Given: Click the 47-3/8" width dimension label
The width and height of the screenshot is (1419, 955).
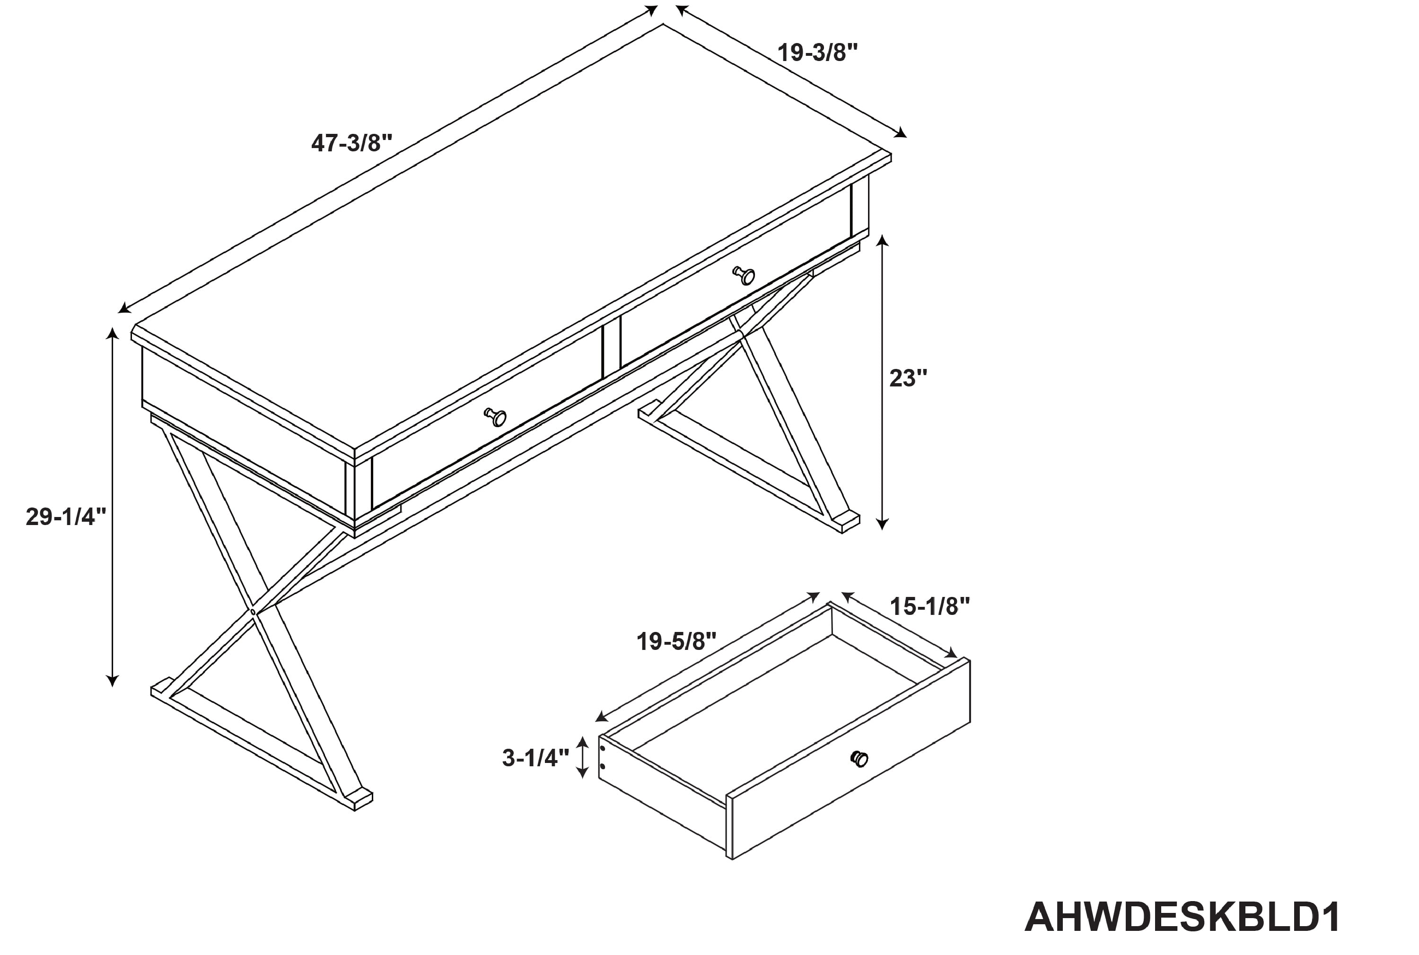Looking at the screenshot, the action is click(x=351, y=143).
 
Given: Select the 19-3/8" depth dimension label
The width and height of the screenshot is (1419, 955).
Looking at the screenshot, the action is click(x=817, y=53).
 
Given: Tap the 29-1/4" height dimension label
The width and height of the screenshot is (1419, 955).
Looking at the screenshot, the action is click(x=66, y=517).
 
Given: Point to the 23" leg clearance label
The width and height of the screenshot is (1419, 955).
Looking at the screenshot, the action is click(x=908, y=378).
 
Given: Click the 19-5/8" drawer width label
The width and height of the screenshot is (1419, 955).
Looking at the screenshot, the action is click(x=676, y=641).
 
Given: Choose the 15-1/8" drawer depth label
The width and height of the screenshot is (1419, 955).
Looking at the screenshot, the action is click(x=930, y=606).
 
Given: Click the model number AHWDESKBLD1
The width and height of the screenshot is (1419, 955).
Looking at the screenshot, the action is click(x=1182, y=917).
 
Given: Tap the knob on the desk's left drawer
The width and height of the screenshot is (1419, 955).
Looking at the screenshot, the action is click(x=496, y=417).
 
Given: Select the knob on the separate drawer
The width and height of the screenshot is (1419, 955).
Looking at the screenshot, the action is click(x=859, y=759).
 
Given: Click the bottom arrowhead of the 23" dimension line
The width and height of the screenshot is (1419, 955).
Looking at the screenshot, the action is click(x=882, y=523).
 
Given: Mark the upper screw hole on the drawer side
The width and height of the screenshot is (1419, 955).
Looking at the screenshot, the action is click(x=602, y=747).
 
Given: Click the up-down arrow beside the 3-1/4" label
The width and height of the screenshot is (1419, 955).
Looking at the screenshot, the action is click(x=582, y=757).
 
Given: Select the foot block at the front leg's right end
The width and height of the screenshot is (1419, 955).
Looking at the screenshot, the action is click(x=358, y=799).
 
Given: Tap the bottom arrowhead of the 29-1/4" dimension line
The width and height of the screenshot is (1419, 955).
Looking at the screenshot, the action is click(x=112, y=680).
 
